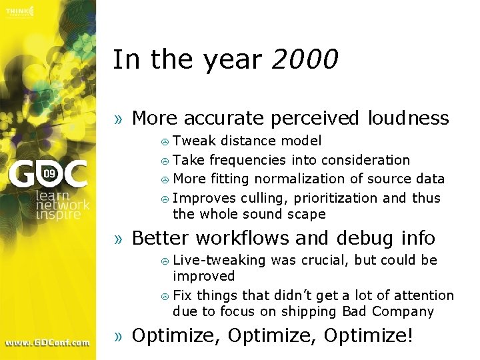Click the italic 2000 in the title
(x=305, y=60)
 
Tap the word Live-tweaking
(x=219, y=260)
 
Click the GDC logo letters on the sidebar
(x=47, y=175)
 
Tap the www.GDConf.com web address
(x=47, y=343)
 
